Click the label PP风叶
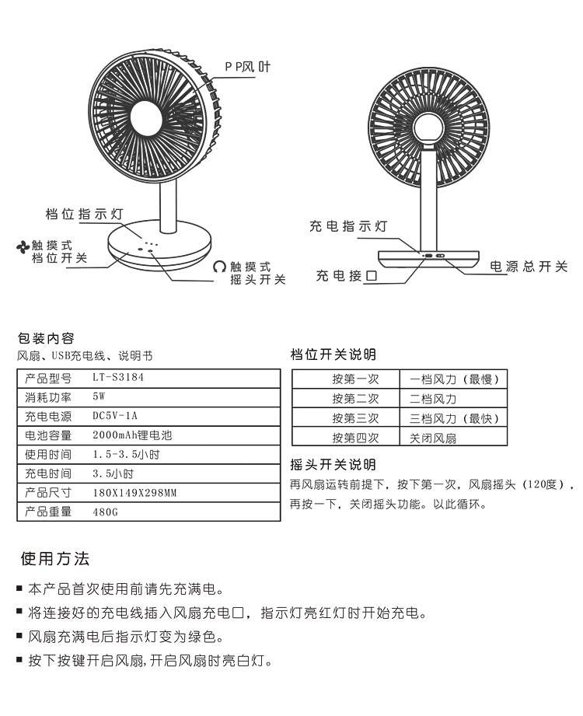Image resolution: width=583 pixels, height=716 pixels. [x=248, y=68]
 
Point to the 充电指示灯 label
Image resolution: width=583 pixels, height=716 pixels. [x=348, y=226]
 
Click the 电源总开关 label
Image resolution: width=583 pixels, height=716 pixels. [x=529, y=267]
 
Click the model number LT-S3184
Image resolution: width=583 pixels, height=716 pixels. [x=118, y=379]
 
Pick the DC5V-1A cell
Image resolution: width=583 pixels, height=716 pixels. [x=114, y=416]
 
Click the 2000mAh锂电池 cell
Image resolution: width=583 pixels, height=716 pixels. [x=125, y=435]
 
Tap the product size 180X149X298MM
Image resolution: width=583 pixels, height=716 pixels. [x=134, y=493]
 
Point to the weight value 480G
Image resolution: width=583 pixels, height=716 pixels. [x=104, y=512]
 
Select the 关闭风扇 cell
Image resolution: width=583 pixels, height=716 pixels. [x=433, y=438]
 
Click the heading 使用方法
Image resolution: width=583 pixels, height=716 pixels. [x=55, y=559]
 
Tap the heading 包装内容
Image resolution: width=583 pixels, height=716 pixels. [x=46, y=338]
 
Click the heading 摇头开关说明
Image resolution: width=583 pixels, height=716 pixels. [x=333, y=465]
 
